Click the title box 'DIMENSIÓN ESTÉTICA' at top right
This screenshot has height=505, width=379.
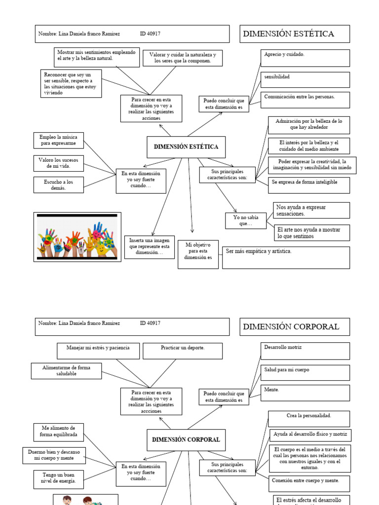click(x=295, y=34)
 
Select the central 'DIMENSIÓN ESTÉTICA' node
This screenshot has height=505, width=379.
click(x=186, y=147)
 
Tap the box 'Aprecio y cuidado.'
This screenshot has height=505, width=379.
click(x=305, y=58)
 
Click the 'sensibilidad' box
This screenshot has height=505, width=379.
click(x=305, y=79)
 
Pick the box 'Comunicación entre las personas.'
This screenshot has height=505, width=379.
click(x=305, y=100)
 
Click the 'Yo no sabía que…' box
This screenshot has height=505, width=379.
click(x=245, y=220)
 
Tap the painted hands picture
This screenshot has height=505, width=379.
click(x=77, y=237)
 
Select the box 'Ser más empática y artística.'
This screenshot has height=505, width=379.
click(x=286, y=257)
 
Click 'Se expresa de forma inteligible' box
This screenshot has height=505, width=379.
click(x=309, y=185)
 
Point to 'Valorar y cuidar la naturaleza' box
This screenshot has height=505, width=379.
click(x=183, y=58)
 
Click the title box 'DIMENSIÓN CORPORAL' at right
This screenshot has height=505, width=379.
click(x=295, y=326)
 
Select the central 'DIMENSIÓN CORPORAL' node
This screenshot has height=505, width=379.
click(x=186, y=439)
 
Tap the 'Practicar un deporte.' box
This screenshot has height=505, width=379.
click(x=183, y=351)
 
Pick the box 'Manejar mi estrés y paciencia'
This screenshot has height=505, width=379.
click(x=98, y=351)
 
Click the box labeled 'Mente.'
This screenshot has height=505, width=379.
click(x=305, y=393)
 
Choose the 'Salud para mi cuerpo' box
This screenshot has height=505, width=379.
click(x=305, y=372)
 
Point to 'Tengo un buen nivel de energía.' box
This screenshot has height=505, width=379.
click(x=59, y=477)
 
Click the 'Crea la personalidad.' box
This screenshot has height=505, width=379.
click(x=309, y=419)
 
